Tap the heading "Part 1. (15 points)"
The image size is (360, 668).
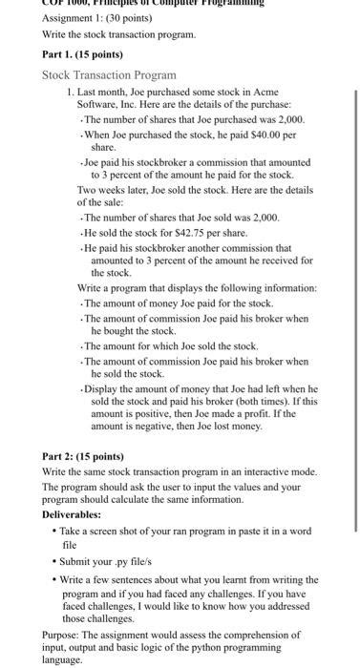[84, 53]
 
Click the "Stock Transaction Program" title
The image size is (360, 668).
[110, 74]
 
